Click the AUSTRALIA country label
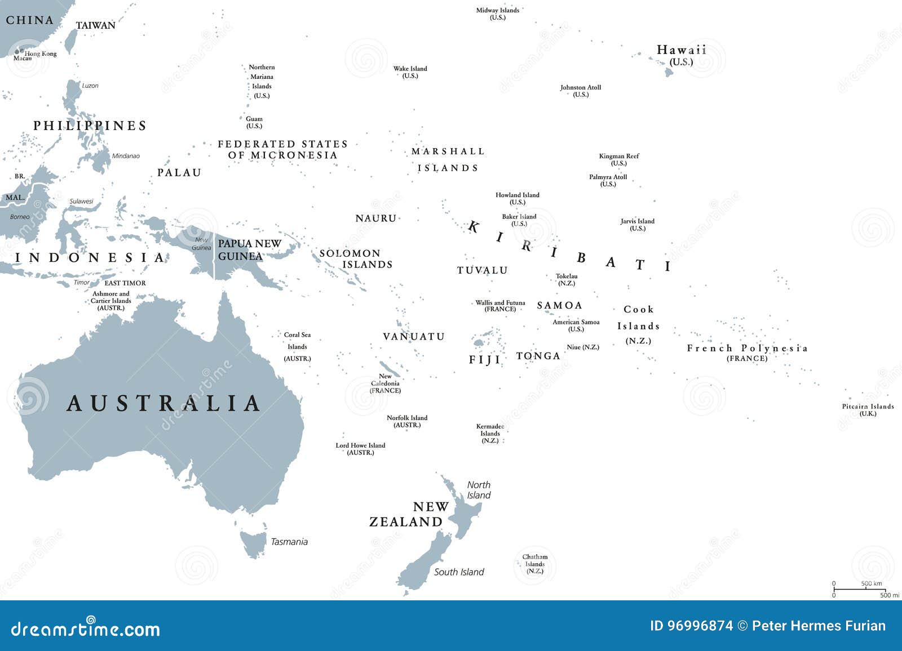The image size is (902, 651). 163,403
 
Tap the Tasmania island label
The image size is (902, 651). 289,542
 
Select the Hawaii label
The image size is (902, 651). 682,51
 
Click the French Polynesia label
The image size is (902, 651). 747,349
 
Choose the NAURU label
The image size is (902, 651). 376,219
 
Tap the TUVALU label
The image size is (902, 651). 483,270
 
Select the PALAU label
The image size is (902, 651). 179,173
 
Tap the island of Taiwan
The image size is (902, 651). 71,41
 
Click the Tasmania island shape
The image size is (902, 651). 254,542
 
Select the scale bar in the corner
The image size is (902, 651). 858,589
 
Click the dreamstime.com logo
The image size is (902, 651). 86,628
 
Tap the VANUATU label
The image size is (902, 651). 414,337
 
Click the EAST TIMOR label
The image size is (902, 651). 125,283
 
